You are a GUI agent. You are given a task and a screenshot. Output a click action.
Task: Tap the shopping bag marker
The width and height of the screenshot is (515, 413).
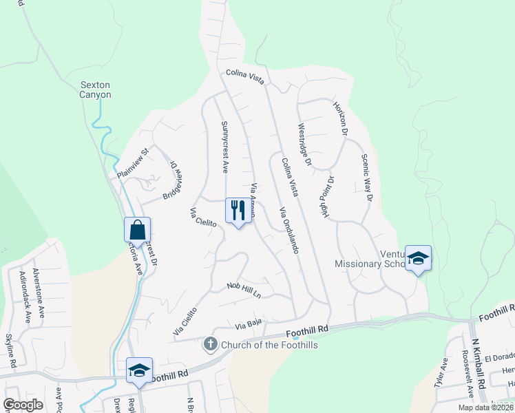click(x=137, y=230)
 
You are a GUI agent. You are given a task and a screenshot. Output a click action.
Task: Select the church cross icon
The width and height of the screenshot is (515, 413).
click(x=211, y=343)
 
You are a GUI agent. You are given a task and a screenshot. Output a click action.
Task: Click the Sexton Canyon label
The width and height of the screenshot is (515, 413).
click(x=96, y=89)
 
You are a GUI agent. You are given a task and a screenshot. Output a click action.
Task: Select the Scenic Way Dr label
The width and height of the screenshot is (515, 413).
click(x=366, y=178)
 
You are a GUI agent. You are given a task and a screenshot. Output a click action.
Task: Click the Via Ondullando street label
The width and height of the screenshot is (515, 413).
click(x=288, y=230)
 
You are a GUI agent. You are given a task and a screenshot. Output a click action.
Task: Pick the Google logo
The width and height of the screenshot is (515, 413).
click(x=23, y=405)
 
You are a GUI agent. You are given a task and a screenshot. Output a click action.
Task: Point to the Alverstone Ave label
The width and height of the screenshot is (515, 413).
click(x=36, y=287)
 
